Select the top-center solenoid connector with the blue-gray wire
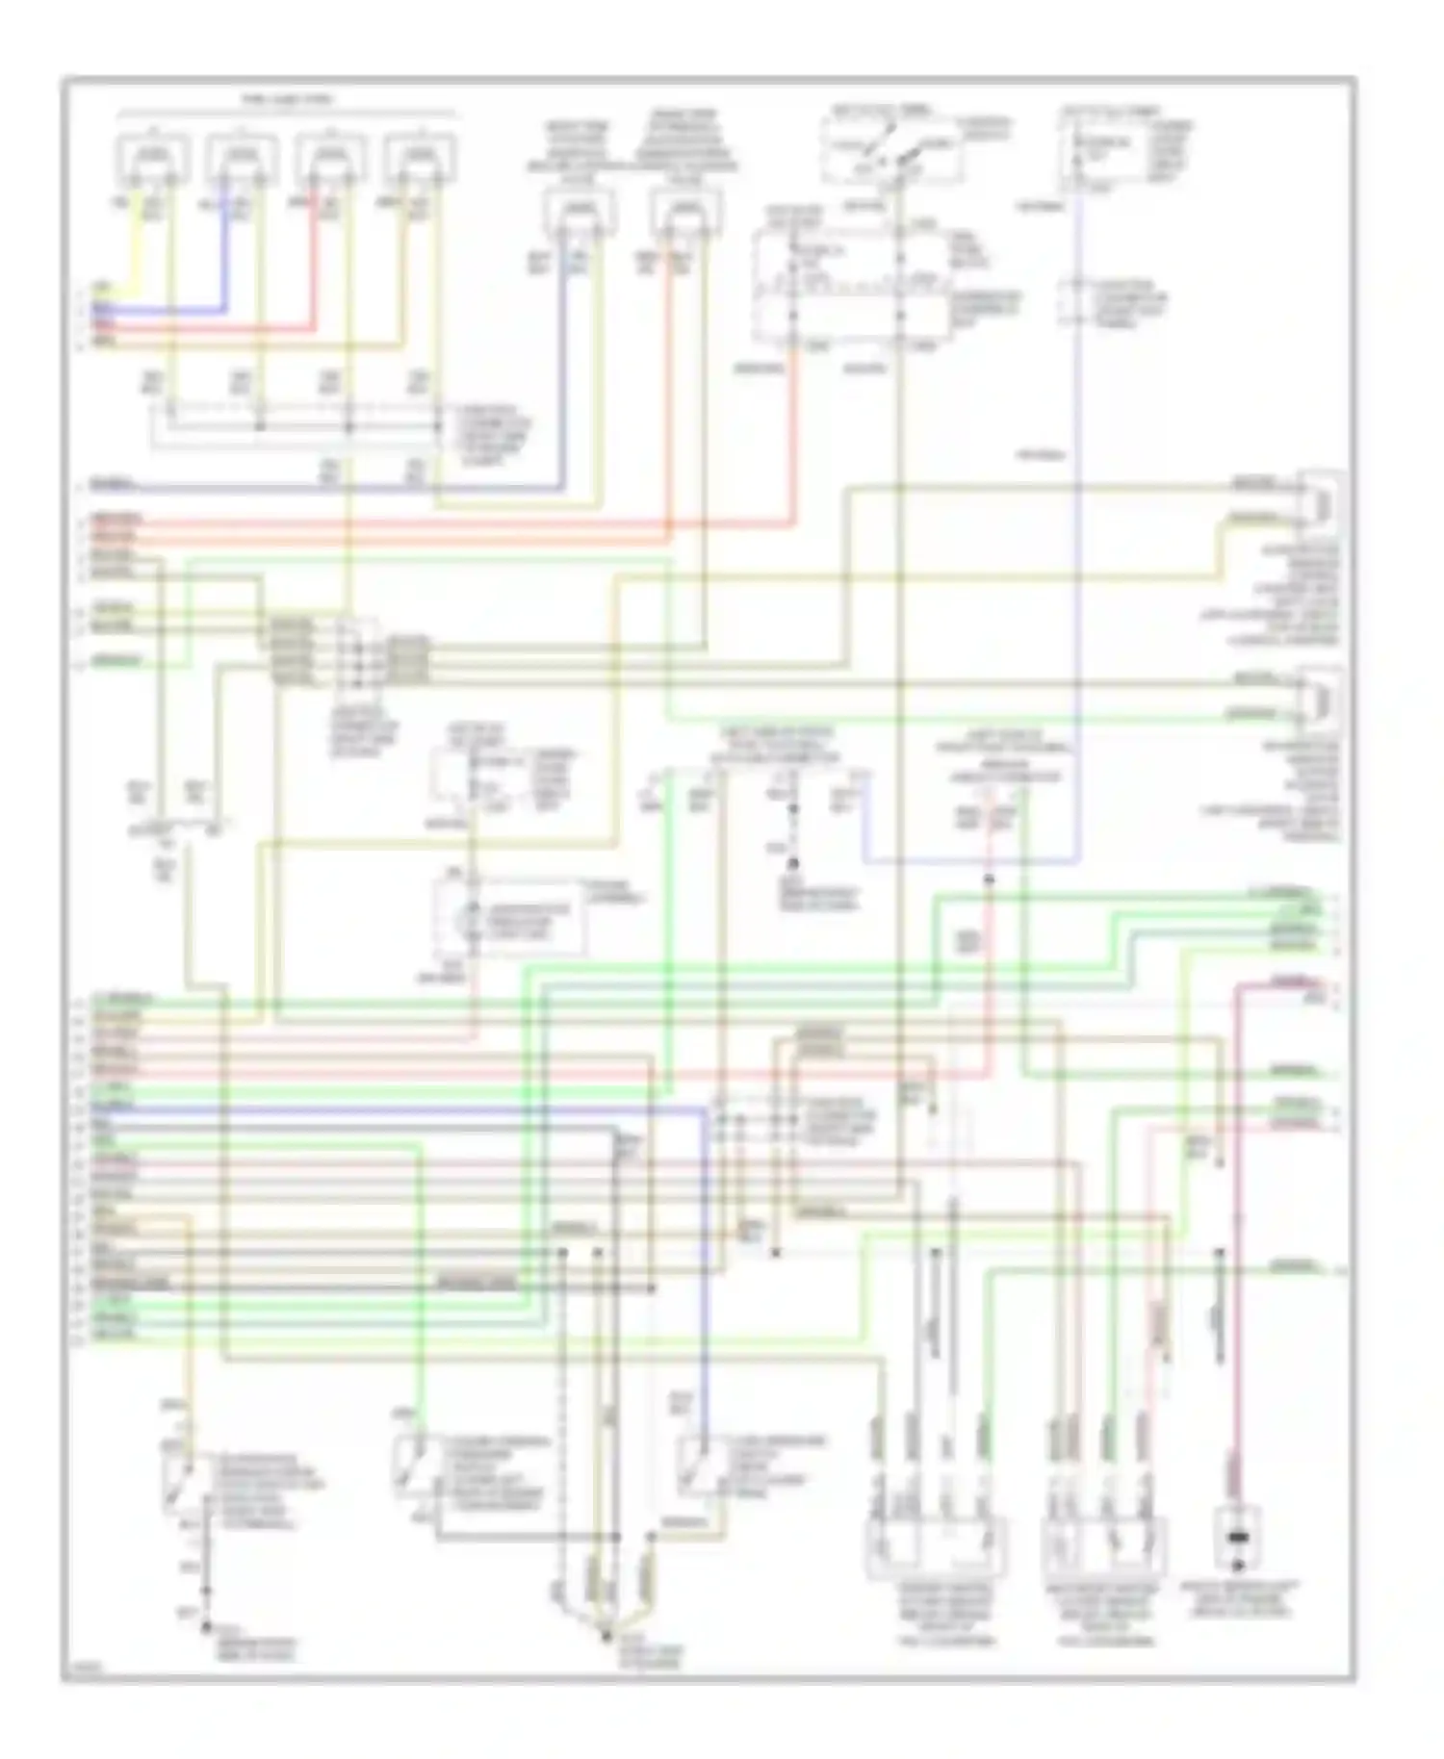click(x=578, y=213)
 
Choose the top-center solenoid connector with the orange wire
click(x=684, y=213)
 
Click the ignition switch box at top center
click(x=890, y=151)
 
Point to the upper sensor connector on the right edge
click(x=1321, y=501)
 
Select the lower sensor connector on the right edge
click(x=1321, y=697)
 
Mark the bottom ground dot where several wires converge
click(x=606, y=1636)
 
